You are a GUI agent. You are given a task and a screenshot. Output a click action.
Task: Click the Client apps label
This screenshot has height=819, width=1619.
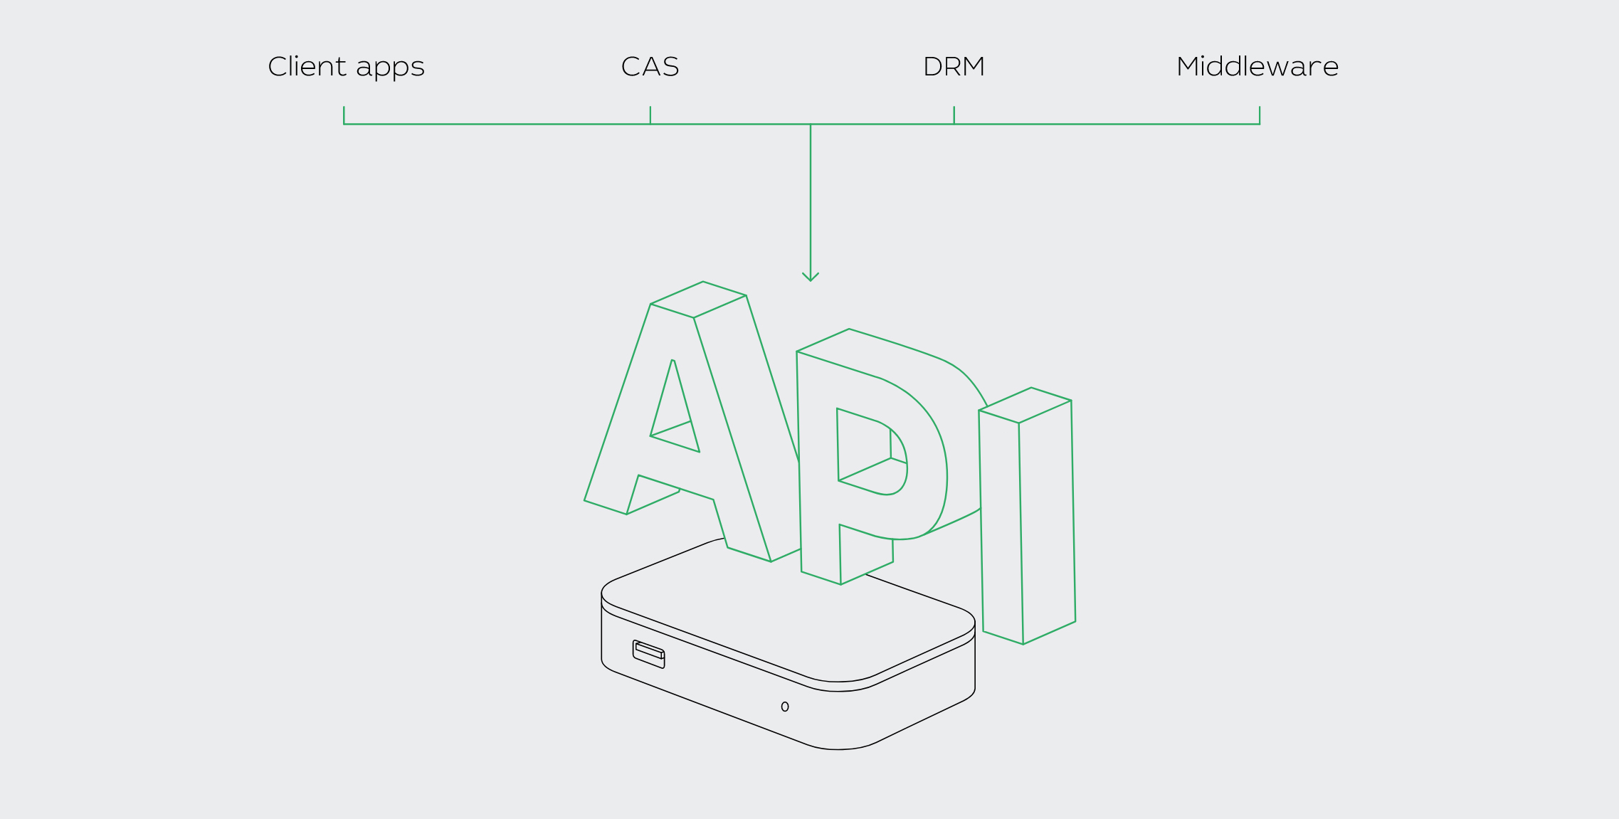tap(346, 67)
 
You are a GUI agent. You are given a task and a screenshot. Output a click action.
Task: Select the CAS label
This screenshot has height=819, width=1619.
tap(650, 67)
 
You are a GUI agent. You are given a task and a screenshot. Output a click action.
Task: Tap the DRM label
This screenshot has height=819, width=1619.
tap(954, 67)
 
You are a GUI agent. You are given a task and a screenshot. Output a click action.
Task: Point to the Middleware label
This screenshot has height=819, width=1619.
tap(1257, 67)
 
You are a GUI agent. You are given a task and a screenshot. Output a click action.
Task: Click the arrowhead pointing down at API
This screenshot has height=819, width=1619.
tap(811, 278)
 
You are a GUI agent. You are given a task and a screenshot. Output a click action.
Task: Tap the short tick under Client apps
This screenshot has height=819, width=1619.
tap(344, 115)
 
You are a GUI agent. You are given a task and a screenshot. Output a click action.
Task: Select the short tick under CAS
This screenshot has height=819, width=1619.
tap(650, 115)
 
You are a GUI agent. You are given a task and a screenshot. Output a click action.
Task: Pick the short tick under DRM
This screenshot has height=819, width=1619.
tap(954, 115)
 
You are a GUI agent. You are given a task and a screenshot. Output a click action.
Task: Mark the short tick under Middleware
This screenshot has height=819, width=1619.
tap(1260, 115)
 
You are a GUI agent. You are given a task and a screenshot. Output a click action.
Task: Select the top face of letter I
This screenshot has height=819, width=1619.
tap(1025, 406)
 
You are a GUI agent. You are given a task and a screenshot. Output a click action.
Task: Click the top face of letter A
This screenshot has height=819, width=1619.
tap(698, 300)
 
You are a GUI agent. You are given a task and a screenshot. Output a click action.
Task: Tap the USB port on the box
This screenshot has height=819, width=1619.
tap(648, 654)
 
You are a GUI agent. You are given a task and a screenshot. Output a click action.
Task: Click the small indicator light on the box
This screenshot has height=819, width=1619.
tap(785, 707)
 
